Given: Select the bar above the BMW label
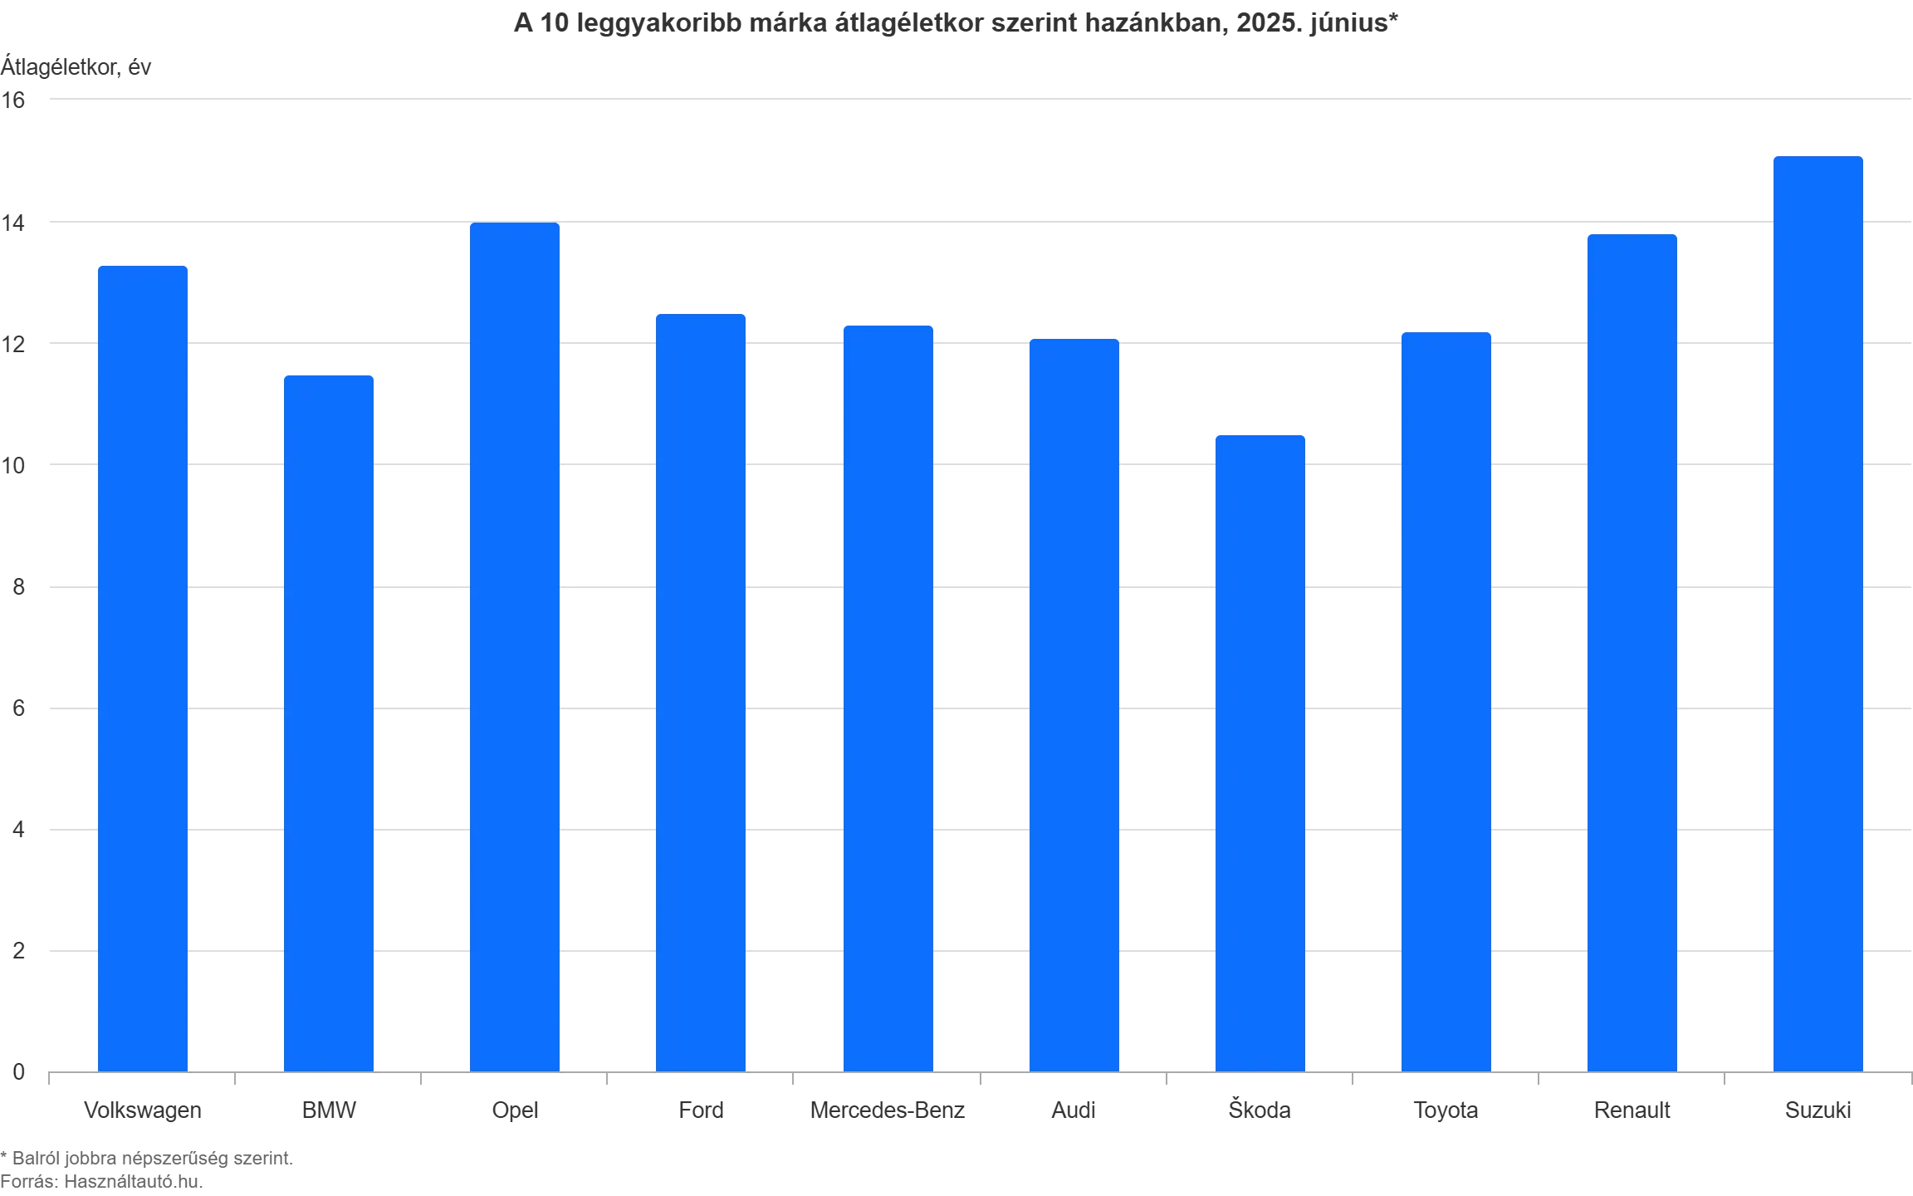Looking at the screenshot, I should click(330, 723).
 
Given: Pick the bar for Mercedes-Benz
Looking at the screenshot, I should click(889, 698).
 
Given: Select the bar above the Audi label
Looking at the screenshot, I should click(1075, 705).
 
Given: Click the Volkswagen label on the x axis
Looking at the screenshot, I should click(144, 1110).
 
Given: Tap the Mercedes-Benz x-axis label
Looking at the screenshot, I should click(889, 1110).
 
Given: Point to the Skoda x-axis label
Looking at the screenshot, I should click(1261, 1110).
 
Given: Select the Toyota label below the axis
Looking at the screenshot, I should click(1447, 1110).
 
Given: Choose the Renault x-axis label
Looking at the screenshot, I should click(1633, 1110).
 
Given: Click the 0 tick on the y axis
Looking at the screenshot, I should click(18, 1074).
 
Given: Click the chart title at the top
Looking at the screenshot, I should click(956, 24).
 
